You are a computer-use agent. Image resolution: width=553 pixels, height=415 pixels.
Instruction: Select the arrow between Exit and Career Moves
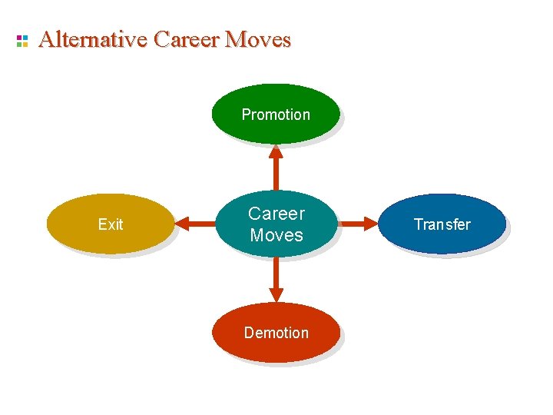(x=195, y=224)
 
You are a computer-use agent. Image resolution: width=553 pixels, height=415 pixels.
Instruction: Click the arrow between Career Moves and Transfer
(x=357, y=224)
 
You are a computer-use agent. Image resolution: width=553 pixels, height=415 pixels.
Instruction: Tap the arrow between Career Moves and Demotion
(x=276, y=278)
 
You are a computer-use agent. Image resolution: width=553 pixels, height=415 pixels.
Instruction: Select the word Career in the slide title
(x=187, y=39)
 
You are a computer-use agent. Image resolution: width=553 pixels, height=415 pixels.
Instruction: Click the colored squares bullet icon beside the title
(x=22, y=41)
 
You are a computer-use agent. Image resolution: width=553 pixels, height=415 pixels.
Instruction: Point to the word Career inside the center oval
(x=276, y=214)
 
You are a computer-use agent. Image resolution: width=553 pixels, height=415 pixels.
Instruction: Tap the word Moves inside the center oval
(x=276, y=235)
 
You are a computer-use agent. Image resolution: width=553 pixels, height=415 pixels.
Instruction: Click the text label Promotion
(x=276, y=115)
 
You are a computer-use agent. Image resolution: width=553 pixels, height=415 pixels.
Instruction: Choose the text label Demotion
(x=276, y=333)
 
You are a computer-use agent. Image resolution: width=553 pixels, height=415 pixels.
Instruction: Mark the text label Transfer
(x=442, y=224)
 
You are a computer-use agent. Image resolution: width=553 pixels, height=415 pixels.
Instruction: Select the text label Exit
(x=111, y=224)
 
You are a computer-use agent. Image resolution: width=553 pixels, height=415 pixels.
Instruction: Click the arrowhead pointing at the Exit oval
(x=181, y=224)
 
